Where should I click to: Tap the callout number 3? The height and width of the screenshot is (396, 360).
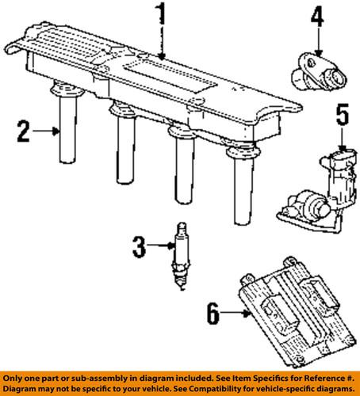point(140,248)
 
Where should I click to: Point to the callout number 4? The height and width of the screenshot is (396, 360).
point(316,16)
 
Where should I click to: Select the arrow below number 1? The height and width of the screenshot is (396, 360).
point(161,44)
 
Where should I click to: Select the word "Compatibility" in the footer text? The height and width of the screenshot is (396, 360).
point(236,389)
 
